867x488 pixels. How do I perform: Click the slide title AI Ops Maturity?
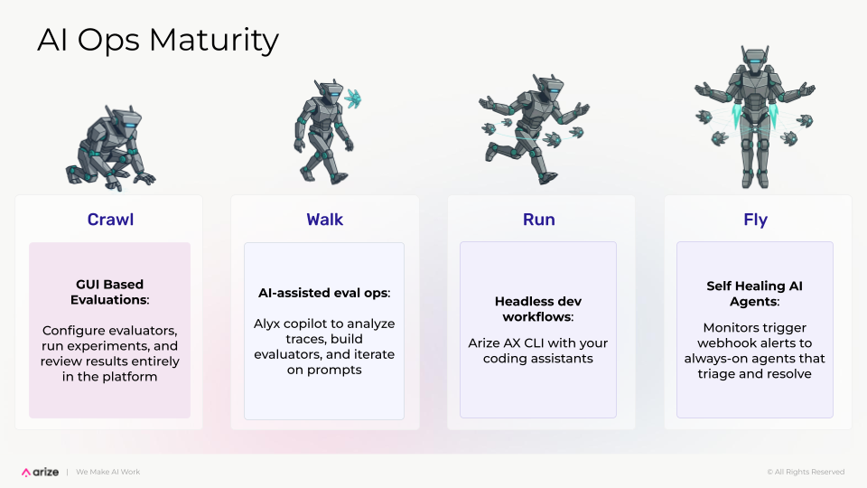[x=157, y=41]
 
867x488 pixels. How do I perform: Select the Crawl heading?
[x=109, y=220]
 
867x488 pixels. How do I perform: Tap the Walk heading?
[x=325, y=220]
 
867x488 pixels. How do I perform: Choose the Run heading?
[x=538, y=220]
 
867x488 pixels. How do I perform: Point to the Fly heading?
[x=755, y=220]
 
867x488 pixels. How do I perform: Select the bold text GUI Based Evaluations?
[x=109, y=292]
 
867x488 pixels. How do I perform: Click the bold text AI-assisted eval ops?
[x=324, y=293]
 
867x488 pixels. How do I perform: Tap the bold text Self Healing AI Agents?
[x=755, y=294]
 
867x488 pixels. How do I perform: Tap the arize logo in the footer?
[x=41, y=472]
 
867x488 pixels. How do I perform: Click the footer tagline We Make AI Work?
[x=107, y=472]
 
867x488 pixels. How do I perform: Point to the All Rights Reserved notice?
[x=806, y=472]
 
